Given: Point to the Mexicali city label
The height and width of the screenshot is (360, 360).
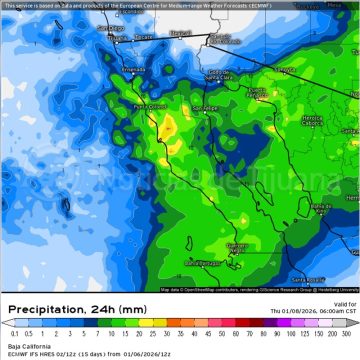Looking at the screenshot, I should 181,33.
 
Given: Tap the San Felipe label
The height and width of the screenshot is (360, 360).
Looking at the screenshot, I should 205,107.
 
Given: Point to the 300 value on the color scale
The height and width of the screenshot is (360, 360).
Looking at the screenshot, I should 347,333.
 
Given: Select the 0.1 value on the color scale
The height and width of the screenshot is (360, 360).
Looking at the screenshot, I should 13,333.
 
